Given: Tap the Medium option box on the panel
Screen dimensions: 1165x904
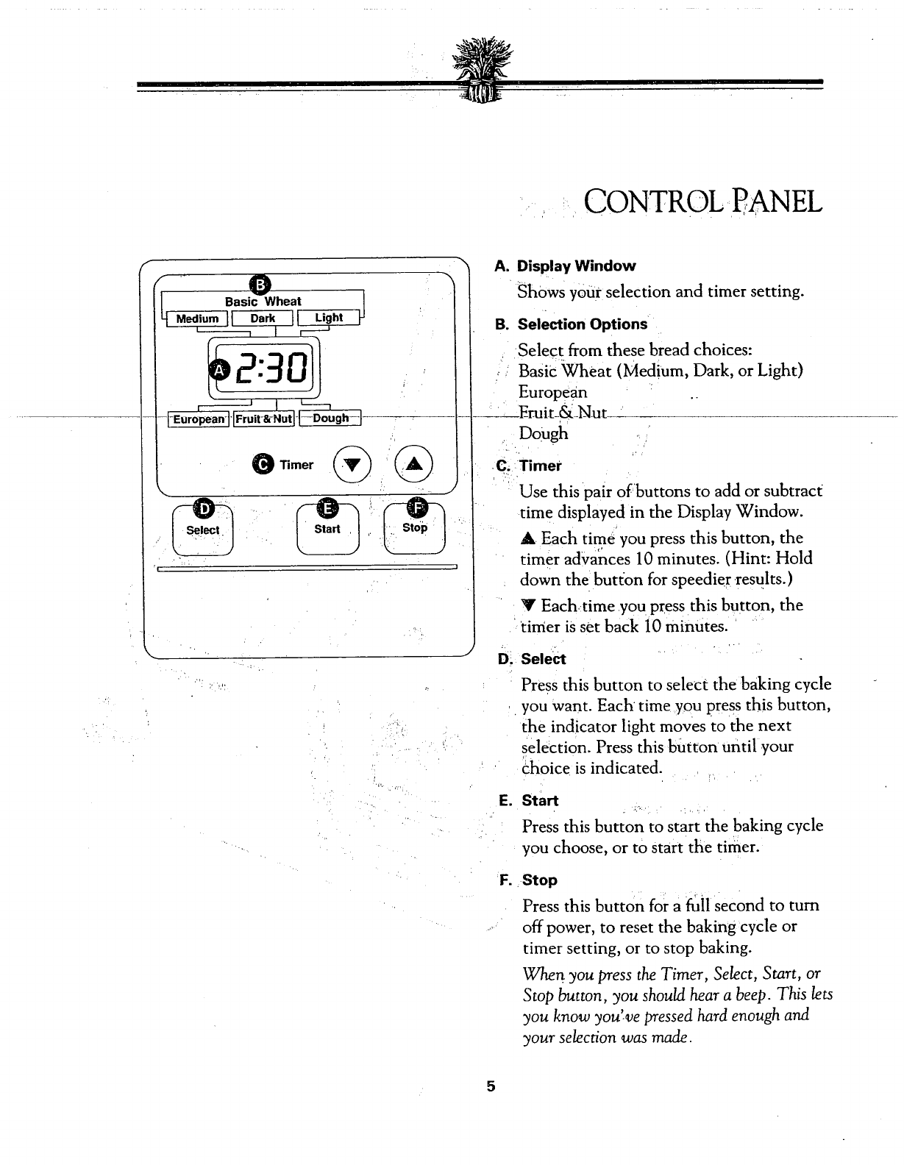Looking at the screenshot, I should click(197, 318).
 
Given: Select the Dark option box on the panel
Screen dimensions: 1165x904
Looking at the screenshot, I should click(263, 318).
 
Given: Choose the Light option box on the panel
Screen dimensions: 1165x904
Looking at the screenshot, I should click(328, 318).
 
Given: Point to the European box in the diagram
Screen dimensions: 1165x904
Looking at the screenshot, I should click(199, 419).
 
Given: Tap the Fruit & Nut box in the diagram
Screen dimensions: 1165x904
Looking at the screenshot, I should click(264, 419).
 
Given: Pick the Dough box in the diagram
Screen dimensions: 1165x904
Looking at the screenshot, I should click(330, 418).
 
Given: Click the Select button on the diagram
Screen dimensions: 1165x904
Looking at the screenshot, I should click(202, 530).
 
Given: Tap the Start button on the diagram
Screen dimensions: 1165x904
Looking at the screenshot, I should click(327, 529).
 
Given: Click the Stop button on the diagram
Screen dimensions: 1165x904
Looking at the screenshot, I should click(415, 528).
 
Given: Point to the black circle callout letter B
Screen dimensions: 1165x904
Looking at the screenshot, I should click(261, 284).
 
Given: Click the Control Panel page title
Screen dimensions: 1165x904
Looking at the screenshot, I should click(702, 200).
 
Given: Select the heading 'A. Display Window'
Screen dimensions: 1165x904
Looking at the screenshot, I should click(566, 266).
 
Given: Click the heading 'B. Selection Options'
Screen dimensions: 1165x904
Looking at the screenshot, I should click(572, 324).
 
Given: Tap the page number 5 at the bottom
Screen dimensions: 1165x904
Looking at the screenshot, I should click(490, 1086).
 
